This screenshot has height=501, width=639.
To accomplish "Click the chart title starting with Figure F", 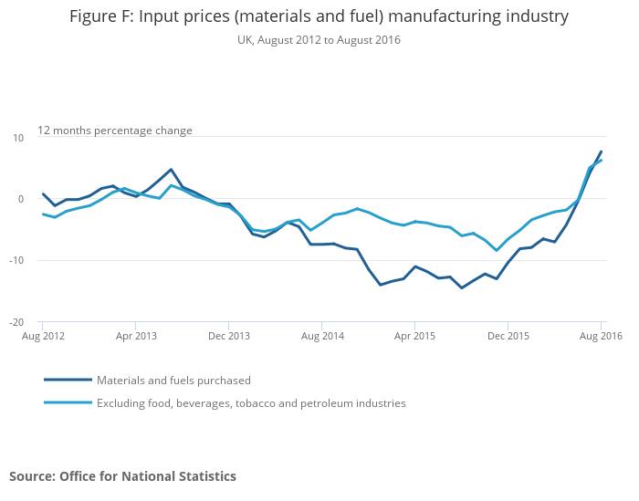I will pos(319,16).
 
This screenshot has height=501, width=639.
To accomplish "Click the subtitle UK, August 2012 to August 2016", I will pos(319,40).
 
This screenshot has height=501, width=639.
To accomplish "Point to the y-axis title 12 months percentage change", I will pos(115,130).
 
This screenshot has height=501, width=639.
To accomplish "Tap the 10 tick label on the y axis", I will pos(17,138).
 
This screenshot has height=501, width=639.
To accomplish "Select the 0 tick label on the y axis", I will pos(20,199).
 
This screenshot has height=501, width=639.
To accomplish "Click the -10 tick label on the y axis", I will pos(16,261).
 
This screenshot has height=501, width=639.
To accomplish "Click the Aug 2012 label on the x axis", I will pos(42,336).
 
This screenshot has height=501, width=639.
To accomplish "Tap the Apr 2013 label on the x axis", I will pos(135,336).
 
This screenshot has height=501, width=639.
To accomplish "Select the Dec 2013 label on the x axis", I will pos(228,336).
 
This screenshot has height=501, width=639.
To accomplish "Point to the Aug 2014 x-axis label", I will pos(322,336).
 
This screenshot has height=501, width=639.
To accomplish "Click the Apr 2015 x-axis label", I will pos(415,336).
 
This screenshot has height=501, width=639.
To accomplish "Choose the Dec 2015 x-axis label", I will pos(508,336).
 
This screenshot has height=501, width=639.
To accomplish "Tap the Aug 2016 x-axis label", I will pos(602,336).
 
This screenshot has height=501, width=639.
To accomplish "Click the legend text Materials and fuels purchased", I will pos(173,381).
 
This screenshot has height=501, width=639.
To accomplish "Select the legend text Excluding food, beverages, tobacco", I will pos(251,403).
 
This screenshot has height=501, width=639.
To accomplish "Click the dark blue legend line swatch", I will pos(68,380).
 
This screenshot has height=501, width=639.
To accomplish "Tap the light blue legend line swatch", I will pos(68,402).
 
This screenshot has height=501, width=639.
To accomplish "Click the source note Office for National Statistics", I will pos(122,476).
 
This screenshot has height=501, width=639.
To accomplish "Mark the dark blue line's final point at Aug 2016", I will pos(602,151).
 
